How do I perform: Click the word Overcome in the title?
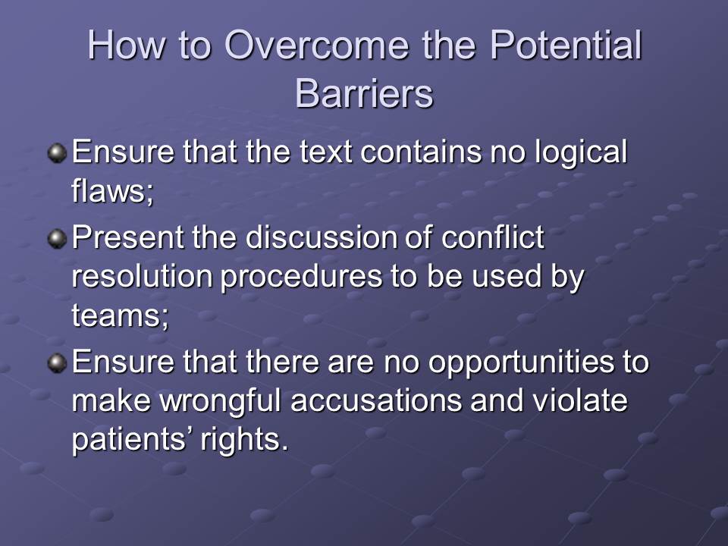pos(317,45)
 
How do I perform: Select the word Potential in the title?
pos(566,45)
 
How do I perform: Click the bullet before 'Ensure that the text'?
pos(57,153)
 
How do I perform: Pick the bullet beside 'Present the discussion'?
pos(57,239)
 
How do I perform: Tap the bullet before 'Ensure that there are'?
pos(57,363)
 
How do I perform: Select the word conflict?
pos(493,237)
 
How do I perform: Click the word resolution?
pos(142,277)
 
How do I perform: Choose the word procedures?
pos(302,278)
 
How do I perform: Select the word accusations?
pos(377,401)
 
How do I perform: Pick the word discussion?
pos(320,237)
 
